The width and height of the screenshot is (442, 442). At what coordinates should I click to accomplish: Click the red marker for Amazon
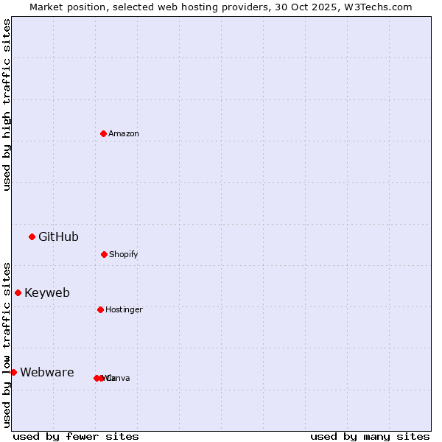103,133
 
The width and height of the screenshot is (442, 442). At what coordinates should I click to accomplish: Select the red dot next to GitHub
32,236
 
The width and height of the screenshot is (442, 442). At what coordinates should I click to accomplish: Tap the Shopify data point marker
104,254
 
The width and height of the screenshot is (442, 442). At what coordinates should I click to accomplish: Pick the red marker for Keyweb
18,292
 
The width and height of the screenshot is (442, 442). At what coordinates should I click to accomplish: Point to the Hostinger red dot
100,309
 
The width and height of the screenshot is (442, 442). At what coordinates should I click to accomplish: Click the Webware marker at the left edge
13,372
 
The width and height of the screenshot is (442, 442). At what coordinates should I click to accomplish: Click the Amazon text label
124,133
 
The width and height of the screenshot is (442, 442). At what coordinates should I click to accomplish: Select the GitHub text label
58,236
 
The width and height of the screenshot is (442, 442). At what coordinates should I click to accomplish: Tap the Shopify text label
124,254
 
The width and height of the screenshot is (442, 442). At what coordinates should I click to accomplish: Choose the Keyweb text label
47,292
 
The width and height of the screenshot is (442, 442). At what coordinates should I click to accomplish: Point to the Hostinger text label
124,309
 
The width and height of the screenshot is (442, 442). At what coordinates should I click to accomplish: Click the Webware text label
46,372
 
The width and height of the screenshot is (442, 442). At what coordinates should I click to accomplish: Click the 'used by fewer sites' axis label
76,436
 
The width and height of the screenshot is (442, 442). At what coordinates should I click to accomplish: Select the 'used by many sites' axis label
370,436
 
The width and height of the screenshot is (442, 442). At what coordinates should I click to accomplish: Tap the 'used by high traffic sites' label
7,105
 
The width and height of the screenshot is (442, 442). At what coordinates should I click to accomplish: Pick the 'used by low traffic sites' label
7,344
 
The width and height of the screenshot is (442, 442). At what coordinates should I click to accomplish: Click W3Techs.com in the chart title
377,7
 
